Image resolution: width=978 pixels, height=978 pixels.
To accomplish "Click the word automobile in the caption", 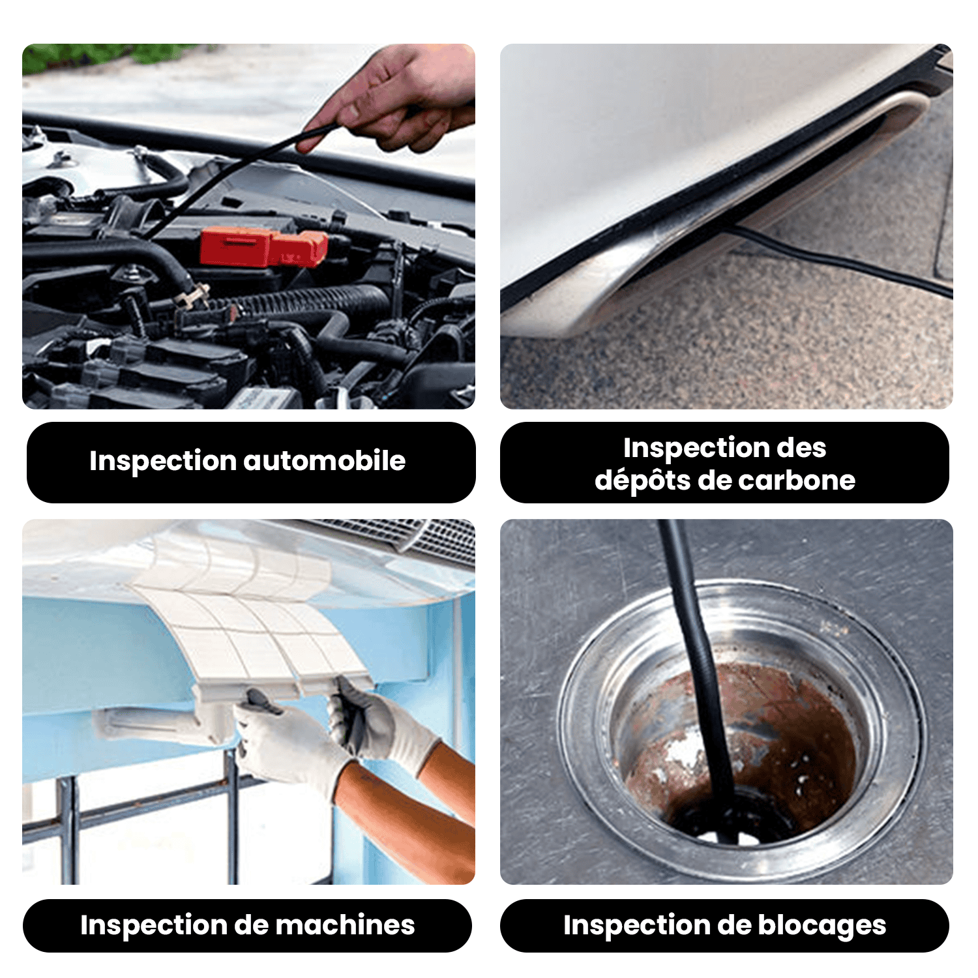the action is point(325,461).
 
